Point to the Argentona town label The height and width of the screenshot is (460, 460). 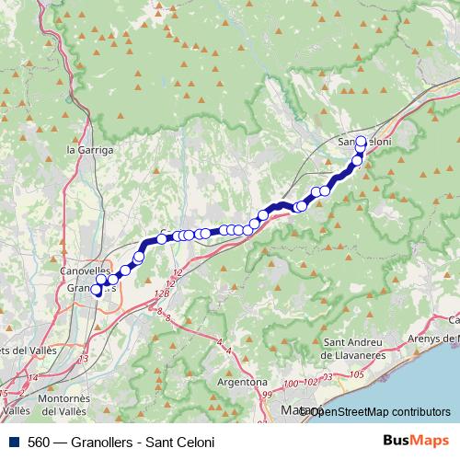pos(242,381)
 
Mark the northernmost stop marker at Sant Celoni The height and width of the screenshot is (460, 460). pos(361,142)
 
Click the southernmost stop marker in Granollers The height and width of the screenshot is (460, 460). pos(96,292)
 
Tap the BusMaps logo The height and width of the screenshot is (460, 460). pos(416,441)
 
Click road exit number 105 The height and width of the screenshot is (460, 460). pos(357,375)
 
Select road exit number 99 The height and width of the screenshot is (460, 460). pos(267,394)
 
